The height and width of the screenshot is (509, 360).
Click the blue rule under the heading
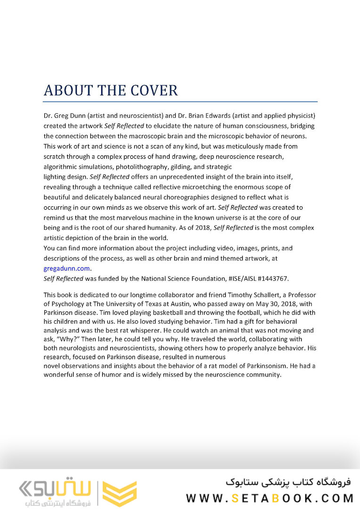[180, 101]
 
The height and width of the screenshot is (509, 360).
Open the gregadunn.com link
[67, 268]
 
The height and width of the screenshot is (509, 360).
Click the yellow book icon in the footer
[120, 493]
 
